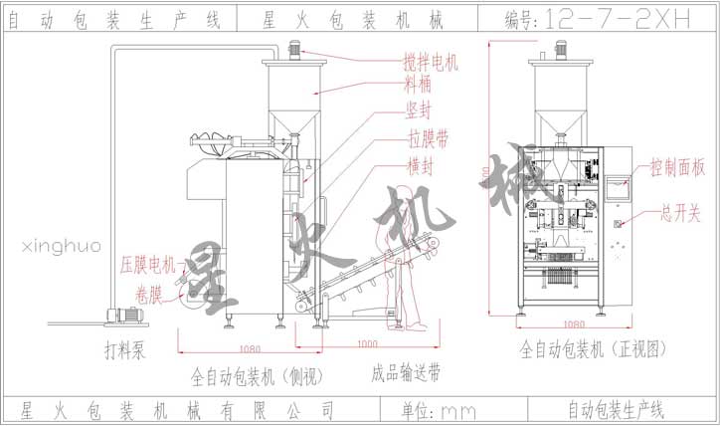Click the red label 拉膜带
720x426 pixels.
(424, 136)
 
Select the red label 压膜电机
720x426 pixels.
(147, 265)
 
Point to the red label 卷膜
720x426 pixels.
(151, 292)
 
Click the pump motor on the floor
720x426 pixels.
(125, 315)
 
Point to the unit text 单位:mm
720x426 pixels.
(439, 409)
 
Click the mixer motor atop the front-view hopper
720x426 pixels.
(559, 47)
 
